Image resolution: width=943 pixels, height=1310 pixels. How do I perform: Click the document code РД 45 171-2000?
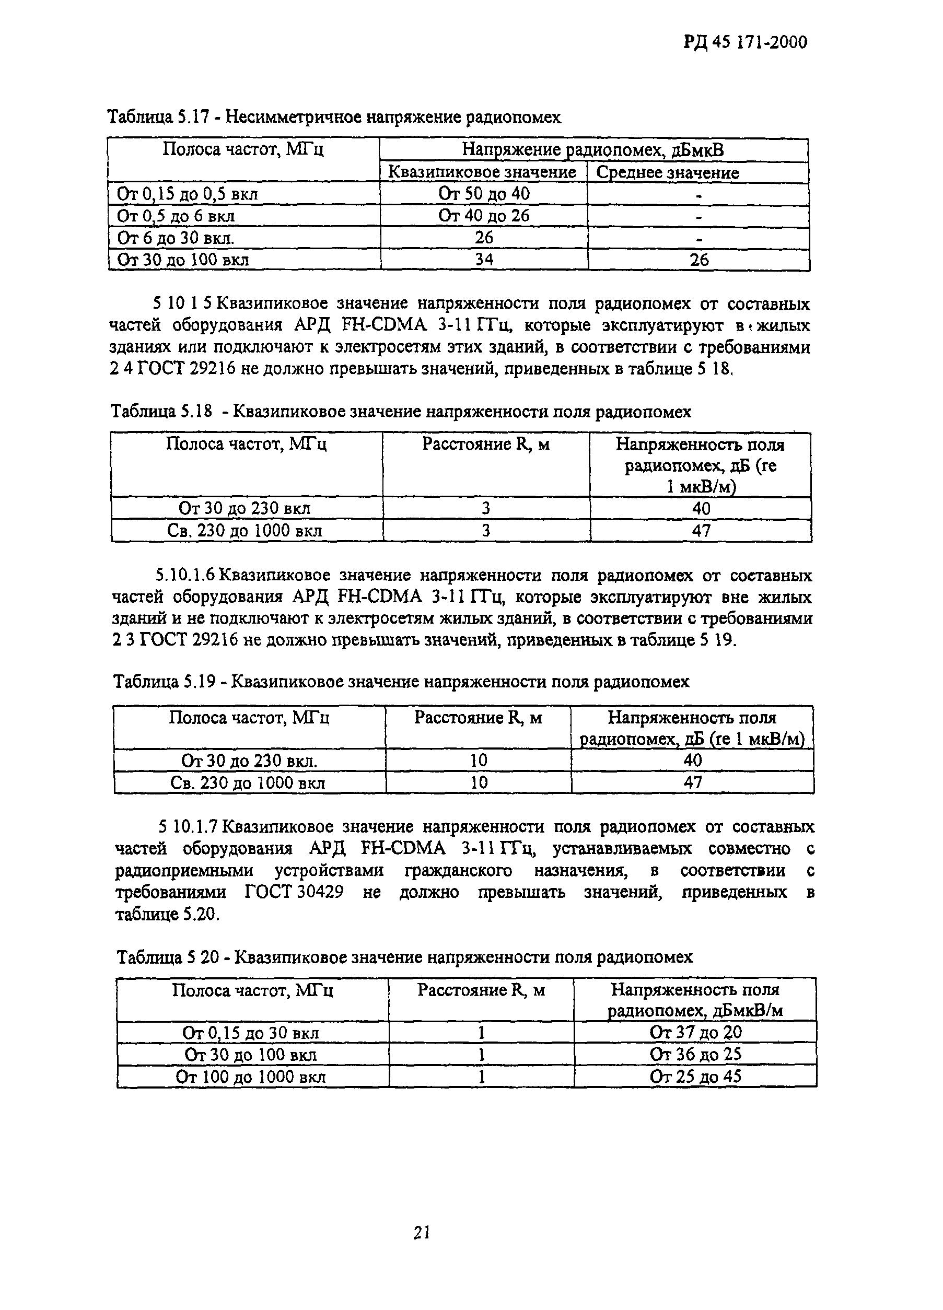click(745, 43)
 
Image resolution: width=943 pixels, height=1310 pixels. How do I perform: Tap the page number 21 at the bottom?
click(422, 1233)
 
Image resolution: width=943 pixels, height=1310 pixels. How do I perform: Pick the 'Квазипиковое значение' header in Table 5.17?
click(482, 173)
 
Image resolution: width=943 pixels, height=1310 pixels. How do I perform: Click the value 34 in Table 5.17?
click(484, 260)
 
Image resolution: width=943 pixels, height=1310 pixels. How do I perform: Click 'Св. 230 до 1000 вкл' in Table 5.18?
click(245, 531)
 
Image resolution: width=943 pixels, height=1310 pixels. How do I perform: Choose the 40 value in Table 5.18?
click(701, 509)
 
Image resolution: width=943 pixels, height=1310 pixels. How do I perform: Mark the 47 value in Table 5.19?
click(693, 782)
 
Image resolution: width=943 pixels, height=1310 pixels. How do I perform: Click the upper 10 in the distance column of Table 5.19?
click(479, 761)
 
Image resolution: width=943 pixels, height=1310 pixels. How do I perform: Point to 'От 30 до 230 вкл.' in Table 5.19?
click(249, 761)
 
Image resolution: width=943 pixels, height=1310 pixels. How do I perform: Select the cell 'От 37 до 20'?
click(695, 1033)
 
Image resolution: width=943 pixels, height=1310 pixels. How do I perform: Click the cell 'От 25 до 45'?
click(695, 1077)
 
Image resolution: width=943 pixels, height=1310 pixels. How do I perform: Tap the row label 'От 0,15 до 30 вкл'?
click(251, 1033)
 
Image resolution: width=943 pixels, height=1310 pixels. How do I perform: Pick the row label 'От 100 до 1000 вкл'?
click(251, 1077)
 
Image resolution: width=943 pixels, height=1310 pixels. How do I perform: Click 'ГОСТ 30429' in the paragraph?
click(294, 892)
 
